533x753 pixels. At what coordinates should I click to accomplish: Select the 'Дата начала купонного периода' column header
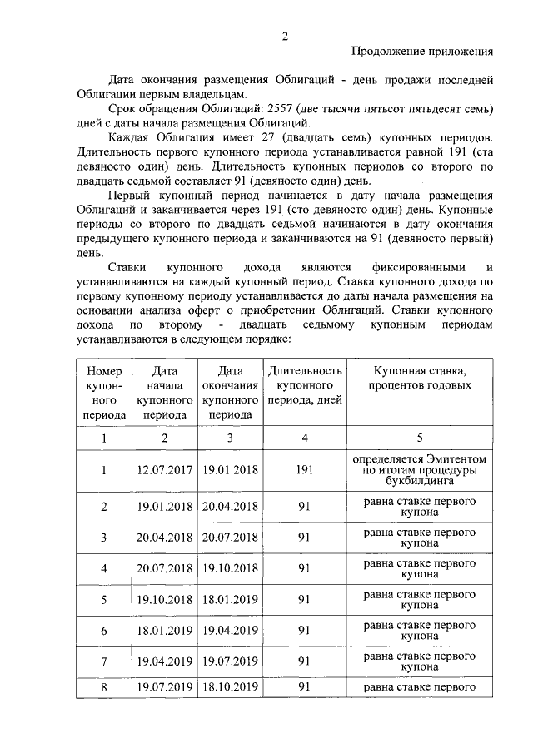coord(164,391)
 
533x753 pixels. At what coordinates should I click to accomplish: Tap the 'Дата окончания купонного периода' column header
coord(229,391)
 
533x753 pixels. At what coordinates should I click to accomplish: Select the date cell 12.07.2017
coord(164,470)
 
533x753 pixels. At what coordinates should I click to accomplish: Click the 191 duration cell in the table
coord(304,470)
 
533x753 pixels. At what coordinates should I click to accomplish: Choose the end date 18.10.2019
coord(229,686)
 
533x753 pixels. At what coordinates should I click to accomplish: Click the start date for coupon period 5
coord(164,600)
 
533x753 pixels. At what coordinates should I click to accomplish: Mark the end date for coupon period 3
coord(229,538)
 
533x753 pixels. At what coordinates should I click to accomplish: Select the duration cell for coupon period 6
coord(304,631)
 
